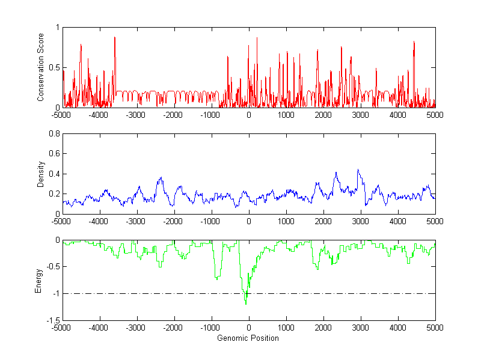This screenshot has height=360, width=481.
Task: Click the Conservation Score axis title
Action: [41, 67]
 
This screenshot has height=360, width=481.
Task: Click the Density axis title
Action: [41, 174]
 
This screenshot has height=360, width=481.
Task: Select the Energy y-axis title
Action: [38, 280]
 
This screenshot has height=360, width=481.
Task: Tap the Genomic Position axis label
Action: [248, 338]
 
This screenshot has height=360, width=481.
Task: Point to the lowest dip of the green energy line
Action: [245, 304]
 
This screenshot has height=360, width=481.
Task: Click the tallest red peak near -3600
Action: [114, 37]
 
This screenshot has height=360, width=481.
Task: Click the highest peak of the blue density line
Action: [358, 169]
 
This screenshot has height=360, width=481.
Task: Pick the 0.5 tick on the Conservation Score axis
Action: [53, 67]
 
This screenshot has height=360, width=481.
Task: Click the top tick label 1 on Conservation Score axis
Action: [57, 27]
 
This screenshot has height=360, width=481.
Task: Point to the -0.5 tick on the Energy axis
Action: [52, 266]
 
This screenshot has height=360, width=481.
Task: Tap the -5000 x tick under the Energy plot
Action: [63, 328]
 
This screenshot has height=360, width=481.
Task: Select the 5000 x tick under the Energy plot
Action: [435, 328]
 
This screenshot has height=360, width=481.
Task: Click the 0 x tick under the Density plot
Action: [249, 221]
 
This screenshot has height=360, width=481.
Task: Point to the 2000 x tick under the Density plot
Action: [323, 221]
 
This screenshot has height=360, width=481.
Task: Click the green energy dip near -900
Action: [216, 279]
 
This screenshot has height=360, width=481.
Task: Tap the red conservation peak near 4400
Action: [414, 41]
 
